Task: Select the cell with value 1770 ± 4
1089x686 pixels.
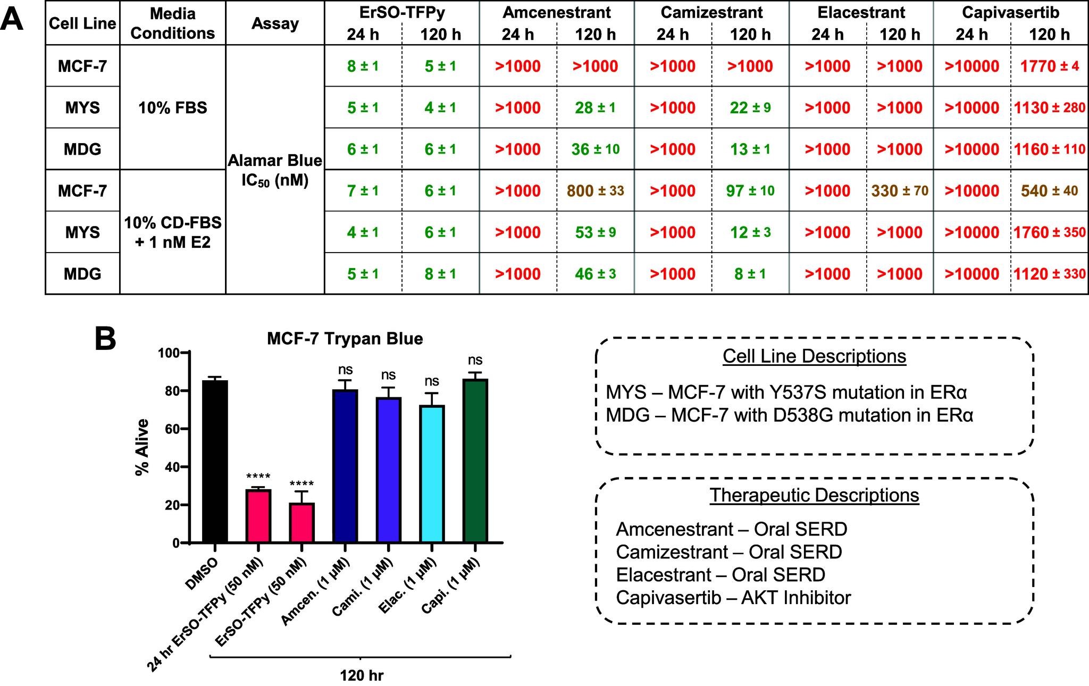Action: pyautogui.click(x=1049, y=66)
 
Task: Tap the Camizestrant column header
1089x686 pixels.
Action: pyautogui.click(x=711, y=12)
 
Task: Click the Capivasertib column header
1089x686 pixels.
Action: pyautogui.click(x=1010, y=12)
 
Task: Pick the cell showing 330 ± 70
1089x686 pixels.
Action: pyautogui.click(x=900, y=191)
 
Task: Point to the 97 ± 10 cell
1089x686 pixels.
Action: pyautogui.click(x=750, y=191)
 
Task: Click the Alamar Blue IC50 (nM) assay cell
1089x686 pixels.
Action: pyautogui.click(x=275, y=170)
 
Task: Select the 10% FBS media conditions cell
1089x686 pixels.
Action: pyautogui.click(x=172, y=108)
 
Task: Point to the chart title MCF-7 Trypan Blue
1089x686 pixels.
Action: pyautogui.click(x=345, y=339)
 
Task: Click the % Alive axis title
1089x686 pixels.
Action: pyautogui.click(x=142, y=447)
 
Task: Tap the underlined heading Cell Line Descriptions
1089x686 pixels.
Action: pyautogui.click(x=814, y=356)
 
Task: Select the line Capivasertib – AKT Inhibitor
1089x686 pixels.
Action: pyautogui.click(x=733, y=598)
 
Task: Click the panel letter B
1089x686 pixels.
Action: pyautogui.click(x=105, y=339)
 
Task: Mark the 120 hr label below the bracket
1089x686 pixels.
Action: pyautogui.click(x=361, y=676)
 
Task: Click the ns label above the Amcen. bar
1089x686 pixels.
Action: pyautogui.click(x=345, y=370)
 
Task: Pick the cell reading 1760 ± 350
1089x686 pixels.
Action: pyautogui.click(x=1049, y=232)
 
